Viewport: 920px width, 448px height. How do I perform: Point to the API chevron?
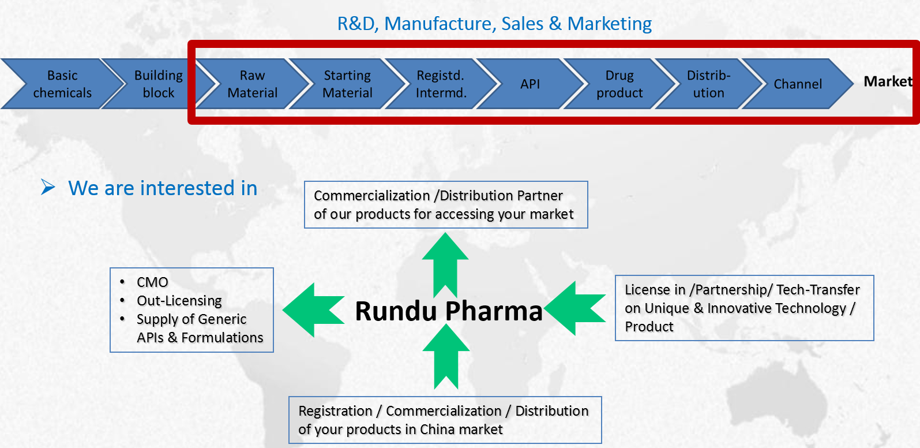coord(530,84)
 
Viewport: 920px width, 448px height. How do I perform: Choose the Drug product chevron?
coord(619,84)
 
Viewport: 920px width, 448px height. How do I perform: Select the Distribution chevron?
coord(708,84)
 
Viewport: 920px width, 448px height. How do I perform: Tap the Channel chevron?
coord(798,84)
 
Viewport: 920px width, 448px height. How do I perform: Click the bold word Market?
coord(888,81)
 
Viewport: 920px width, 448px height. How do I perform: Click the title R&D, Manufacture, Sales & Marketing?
coord(494,24)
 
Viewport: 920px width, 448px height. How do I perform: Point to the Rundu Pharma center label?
coord(449,311)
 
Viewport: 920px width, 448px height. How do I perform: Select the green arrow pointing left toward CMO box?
coord(312,310)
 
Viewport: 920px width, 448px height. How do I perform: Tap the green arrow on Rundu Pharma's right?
coord(576,308)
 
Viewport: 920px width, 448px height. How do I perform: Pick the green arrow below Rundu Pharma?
coord(446,356)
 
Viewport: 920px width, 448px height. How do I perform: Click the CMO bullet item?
coord(152,282)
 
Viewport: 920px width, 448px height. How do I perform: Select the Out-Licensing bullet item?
coord(179,301)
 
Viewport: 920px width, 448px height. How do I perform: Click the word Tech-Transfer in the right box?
coord(818,290)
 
